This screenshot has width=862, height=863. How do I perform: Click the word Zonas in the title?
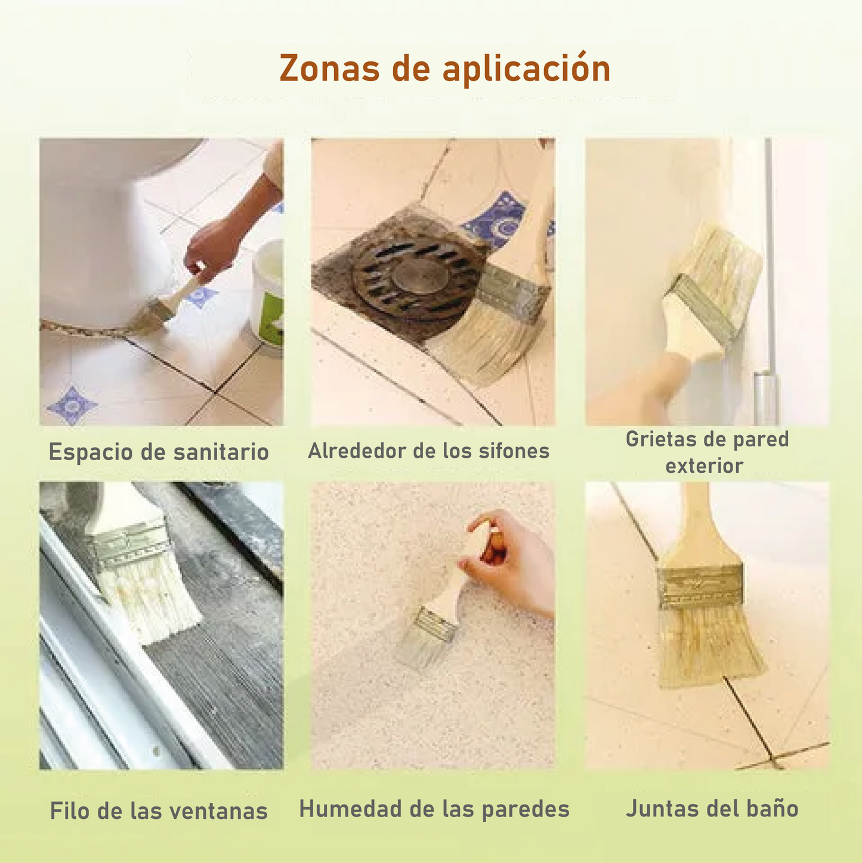pyautogui.click(x=329, y=68)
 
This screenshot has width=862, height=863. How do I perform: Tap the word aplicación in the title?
pyautogui.click(x=527, y=69)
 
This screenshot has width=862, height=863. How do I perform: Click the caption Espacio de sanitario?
pyautogui.click(x=159, y=452)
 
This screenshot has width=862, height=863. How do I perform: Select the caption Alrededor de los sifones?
pyautogui.click(x=428, y=451)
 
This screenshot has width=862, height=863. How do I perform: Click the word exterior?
pyautogui.click(x=704, y=465)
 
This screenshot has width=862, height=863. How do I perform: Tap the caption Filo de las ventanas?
pyautogui.click(x=159, y=811)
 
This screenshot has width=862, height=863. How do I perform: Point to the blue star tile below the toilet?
pyautogui.click(x=73, y=405)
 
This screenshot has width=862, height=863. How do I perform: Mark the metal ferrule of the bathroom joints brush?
pyautogui.click(x=702, y=588)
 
